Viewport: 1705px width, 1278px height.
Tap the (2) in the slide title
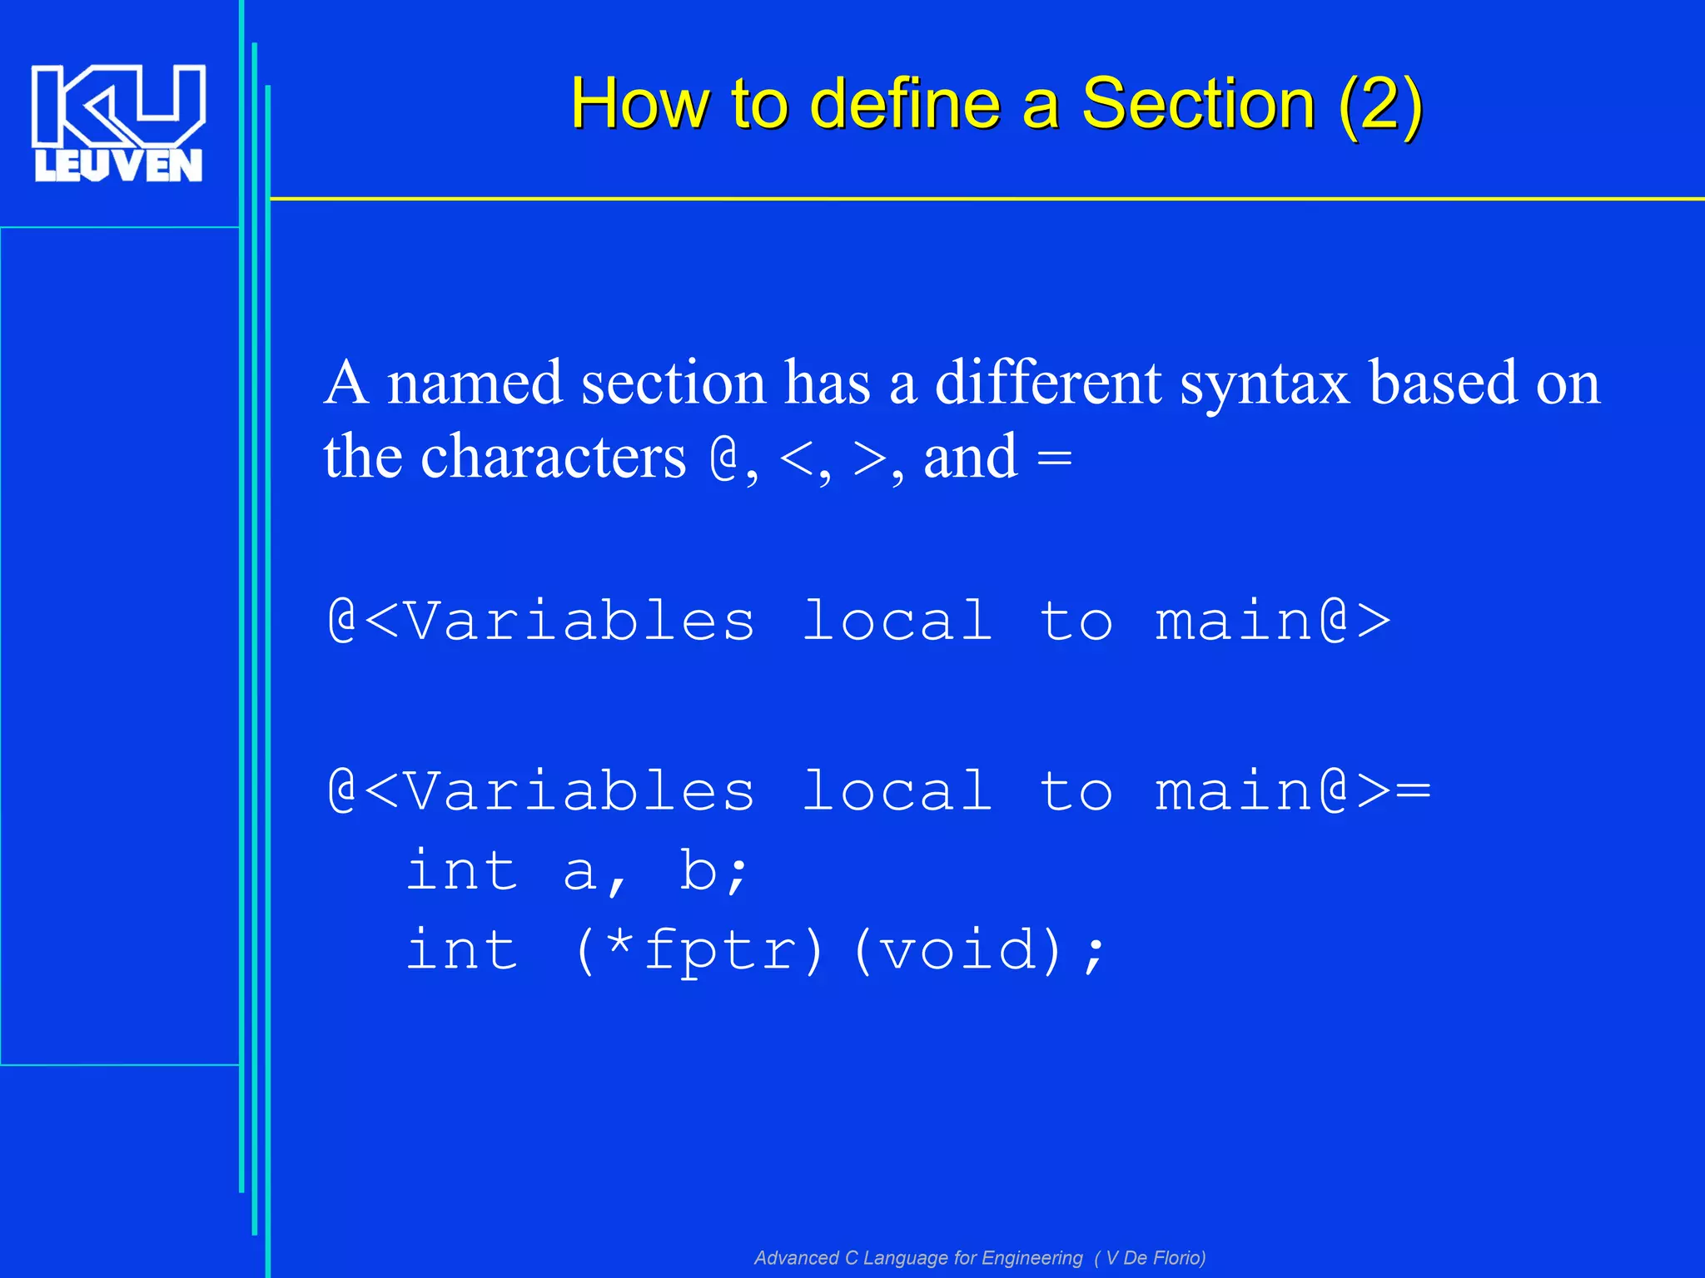1380,105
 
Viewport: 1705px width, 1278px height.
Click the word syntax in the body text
1265,384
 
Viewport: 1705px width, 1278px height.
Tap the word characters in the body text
554,458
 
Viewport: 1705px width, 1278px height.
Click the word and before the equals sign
971,458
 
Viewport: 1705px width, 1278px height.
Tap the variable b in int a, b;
698,871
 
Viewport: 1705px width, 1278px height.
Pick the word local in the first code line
897,622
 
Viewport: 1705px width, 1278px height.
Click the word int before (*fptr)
462,950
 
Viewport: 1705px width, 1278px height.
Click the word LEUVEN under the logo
118,166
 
